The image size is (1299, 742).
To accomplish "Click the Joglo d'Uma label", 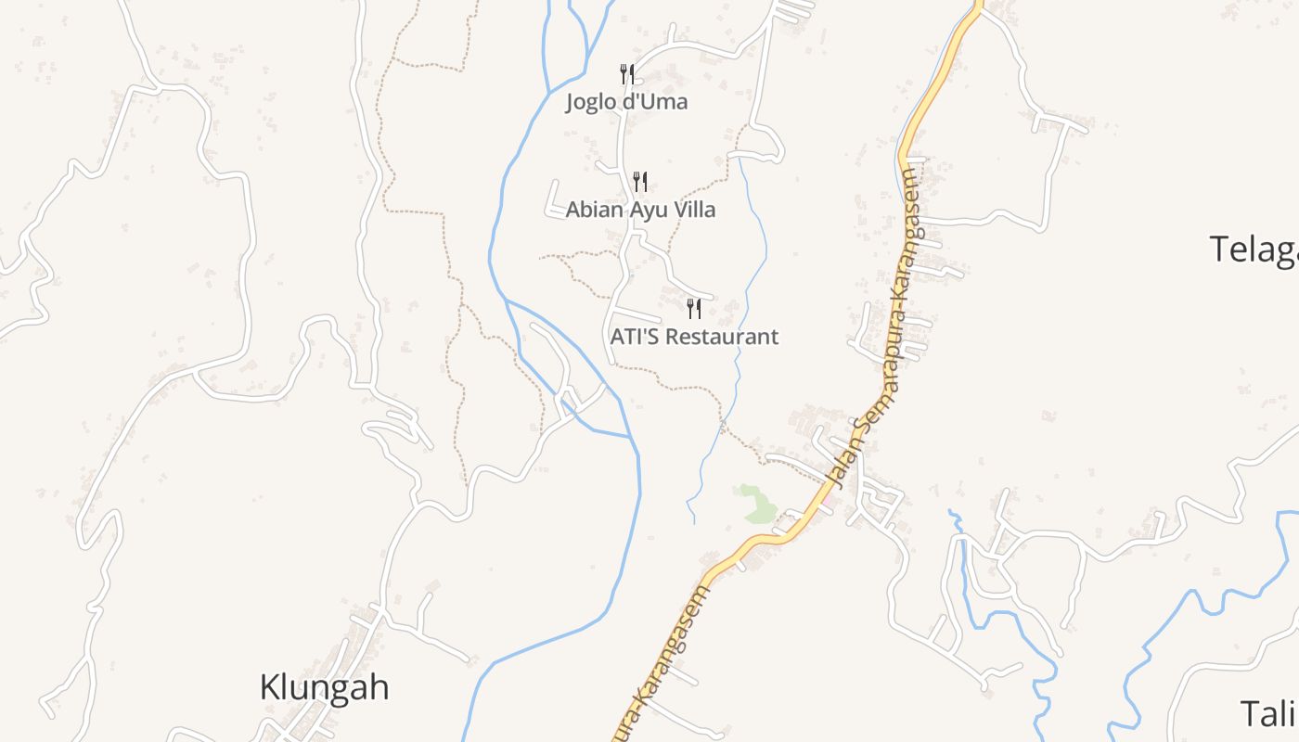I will click(627, 101).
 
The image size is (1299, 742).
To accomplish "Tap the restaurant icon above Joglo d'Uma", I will click(627, 74).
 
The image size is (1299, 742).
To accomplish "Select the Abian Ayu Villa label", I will click(640, 210).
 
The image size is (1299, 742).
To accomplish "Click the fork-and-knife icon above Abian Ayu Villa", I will click(640, 181).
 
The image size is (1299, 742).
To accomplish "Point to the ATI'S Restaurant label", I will click(694, 336).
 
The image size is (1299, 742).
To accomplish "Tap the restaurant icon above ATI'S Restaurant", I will click(693, 308).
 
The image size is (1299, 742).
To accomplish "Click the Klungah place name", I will click(324, 688).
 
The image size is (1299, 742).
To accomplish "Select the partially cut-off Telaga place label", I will click(1254, 249).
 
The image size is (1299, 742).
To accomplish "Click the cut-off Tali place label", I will click(1269, 713).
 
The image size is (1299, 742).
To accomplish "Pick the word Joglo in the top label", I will click(589, 101).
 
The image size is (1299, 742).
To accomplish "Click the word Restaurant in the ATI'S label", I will click(722, 336).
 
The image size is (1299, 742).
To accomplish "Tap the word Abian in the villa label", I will click(596, 210).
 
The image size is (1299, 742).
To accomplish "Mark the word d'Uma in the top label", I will click(654, 101).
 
